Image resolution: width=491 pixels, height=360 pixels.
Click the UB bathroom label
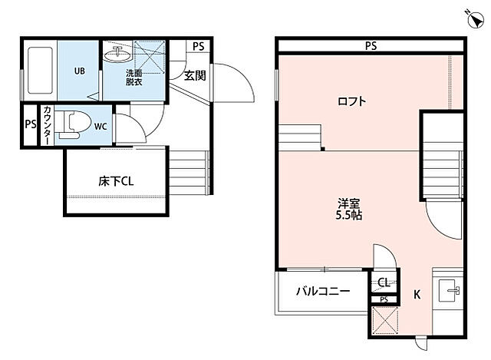coord(79,71)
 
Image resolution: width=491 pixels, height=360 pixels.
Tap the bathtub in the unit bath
coord(40,71)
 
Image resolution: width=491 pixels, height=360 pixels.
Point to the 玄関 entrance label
coord(194,74)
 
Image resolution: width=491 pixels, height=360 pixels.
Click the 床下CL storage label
coord(116,182)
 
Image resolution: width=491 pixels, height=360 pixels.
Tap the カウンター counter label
coord(47,125)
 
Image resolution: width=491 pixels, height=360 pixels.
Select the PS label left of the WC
coord(30,125)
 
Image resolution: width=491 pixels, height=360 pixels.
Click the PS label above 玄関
coord(199,46)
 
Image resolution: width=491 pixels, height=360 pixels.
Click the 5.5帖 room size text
coord(350,216)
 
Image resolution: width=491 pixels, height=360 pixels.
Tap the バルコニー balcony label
coord(323,292)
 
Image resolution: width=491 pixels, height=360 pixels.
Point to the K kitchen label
coord(417,294)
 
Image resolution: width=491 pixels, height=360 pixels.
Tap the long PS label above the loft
coord(371,46)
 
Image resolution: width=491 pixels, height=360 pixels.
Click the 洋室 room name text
coord(350,203)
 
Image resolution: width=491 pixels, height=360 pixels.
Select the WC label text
coord(101,126)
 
